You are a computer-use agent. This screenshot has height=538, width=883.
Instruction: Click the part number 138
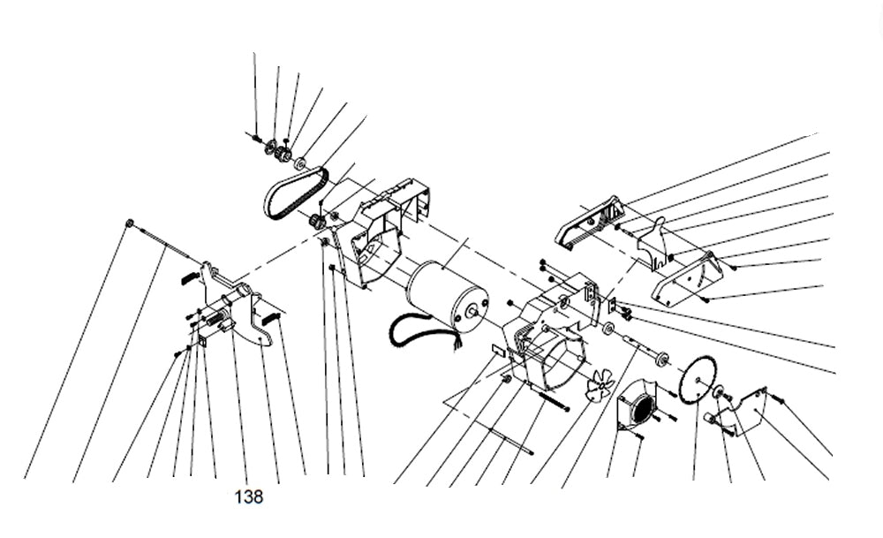coord(249,497)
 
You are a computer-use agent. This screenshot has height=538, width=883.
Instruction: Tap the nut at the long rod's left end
coord(130,223)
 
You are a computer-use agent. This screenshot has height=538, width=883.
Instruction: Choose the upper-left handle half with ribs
coord(590,222)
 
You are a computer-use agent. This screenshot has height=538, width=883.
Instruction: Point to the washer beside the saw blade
coord(719,391)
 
